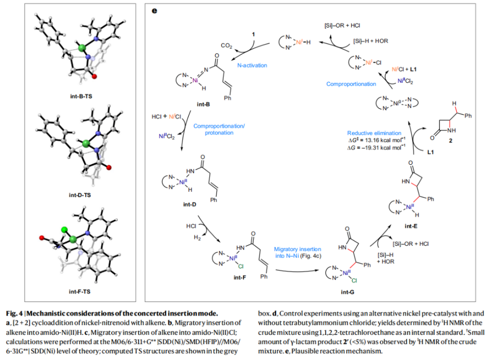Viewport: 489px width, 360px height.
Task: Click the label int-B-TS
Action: click(81, 96)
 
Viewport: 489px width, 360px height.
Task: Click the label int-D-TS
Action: click(81, 195)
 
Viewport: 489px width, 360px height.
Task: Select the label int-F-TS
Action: click(81, 292)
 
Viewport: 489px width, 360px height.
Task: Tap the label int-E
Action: click(411, 227)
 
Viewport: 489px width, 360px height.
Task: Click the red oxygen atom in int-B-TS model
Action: click(94, 77)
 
